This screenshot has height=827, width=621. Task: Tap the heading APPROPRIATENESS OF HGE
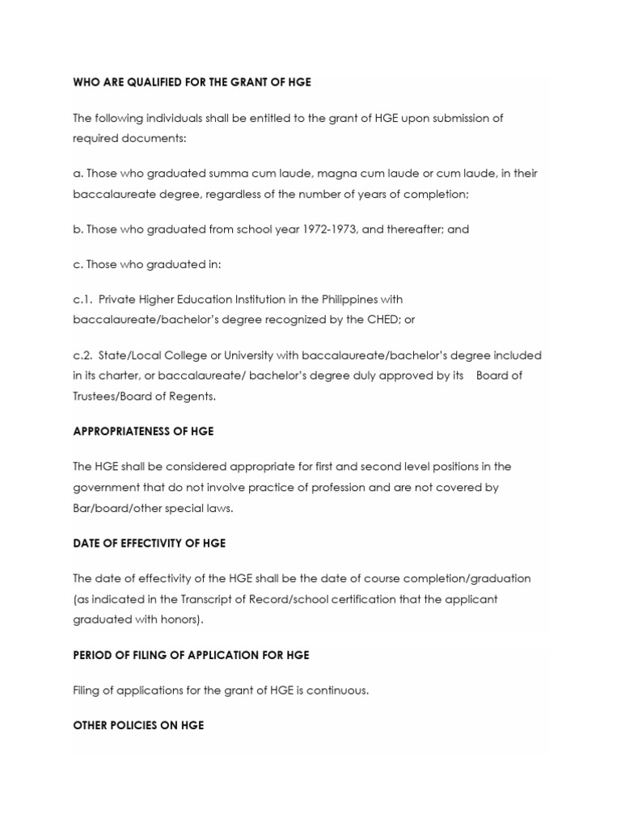coord(142,431)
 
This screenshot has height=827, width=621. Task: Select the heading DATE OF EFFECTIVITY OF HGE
coord(149,544)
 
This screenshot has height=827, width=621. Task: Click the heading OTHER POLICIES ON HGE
coord(137,725)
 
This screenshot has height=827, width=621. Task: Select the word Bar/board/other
coord(113,509)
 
